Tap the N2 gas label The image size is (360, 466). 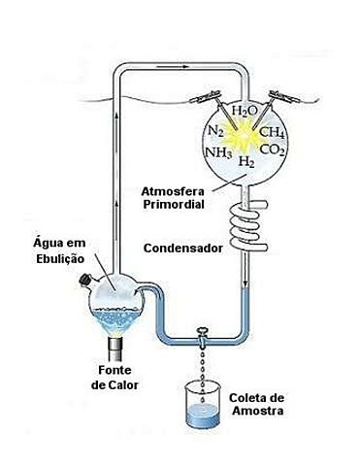point(215,131)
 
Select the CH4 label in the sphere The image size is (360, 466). point(273,133)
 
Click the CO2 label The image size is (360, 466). point(273,151)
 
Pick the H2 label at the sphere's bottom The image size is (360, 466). point(247,161)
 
